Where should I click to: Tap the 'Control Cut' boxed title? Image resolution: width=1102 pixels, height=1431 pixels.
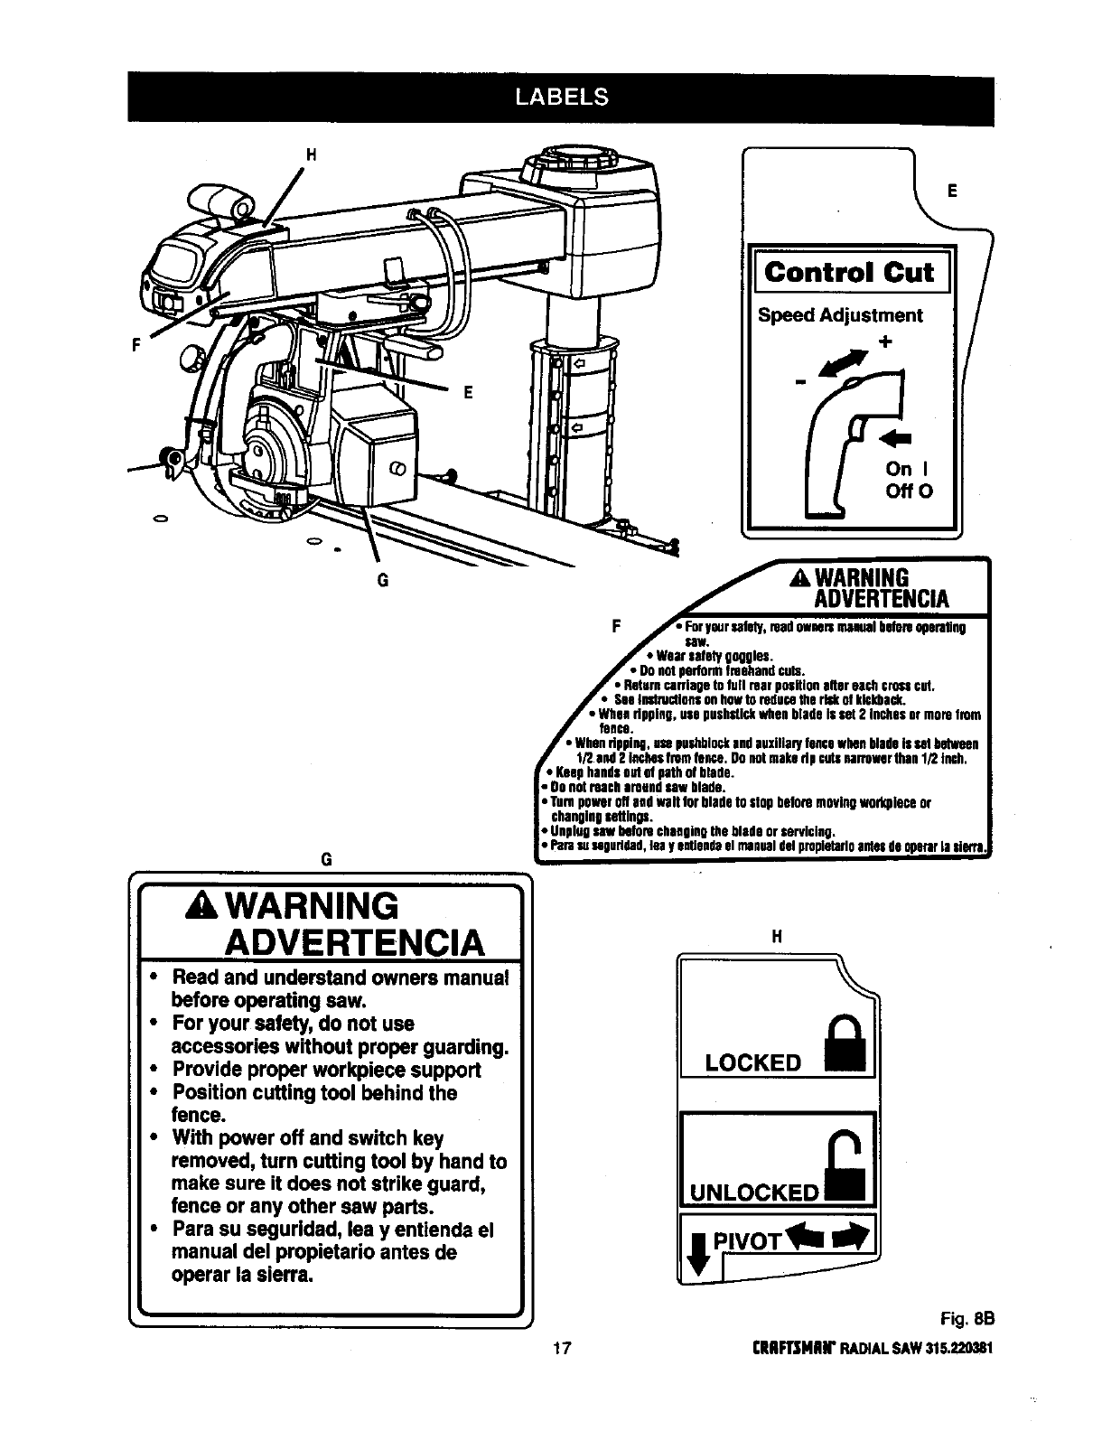[850, 272]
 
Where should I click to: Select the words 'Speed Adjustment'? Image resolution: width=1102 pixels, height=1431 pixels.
[840, 315]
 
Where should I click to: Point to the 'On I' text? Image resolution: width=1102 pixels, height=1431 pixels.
[907, 469]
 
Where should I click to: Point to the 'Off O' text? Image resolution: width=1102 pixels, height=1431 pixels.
[909, 491]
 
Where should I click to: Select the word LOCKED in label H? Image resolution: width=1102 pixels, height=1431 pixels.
[753, 1062]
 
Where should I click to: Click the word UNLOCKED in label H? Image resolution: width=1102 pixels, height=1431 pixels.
[753, 1192]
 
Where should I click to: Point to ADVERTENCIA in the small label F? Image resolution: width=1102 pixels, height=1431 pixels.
[881, 598]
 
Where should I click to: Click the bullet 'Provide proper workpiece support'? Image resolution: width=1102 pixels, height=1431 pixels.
[326, 1070]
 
